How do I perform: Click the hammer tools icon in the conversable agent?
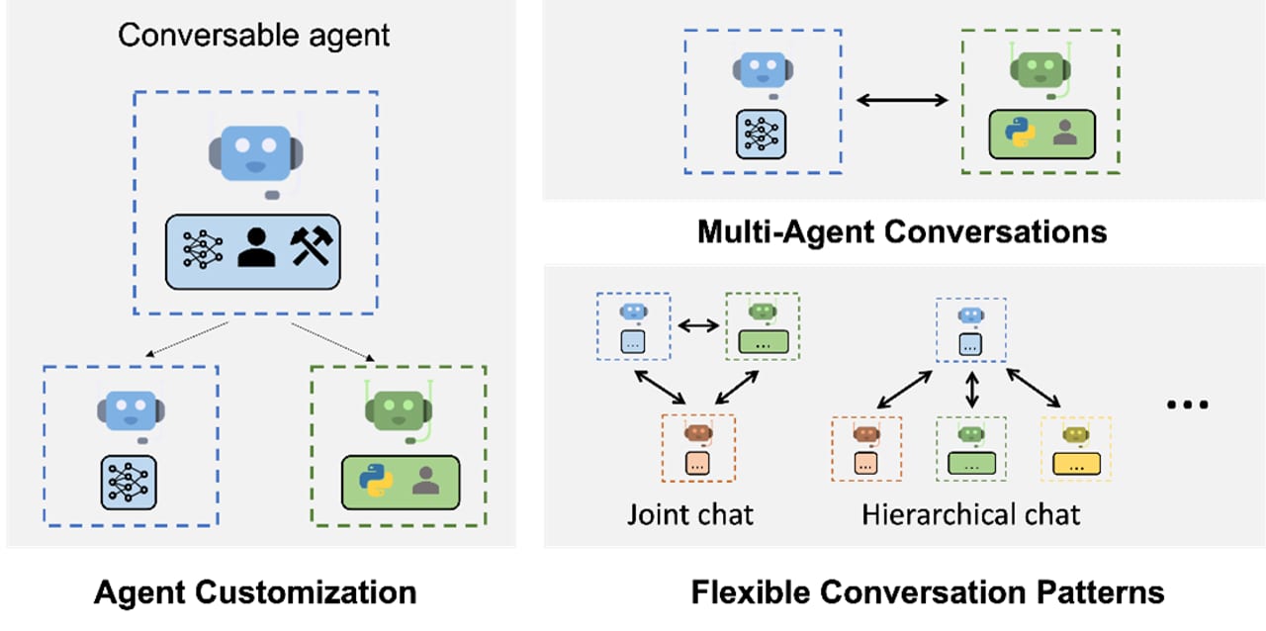[x=312, y=245]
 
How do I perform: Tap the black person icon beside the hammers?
[x=256, y=247]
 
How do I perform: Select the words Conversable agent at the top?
[x=254, y=36]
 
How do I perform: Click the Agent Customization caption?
[x=255, y=592]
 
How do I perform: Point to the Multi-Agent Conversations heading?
[x=902, y=231]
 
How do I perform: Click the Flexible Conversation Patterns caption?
[x=928, y=592]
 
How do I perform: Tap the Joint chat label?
[x=690, y=514]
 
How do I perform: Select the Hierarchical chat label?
[x=970, y=514]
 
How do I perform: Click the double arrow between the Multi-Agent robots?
[x=902, y=100]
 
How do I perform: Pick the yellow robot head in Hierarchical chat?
[x=1075, y=435]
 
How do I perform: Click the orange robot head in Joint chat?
[x=698, y=433]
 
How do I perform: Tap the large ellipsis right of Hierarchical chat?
[x=1188, y=405]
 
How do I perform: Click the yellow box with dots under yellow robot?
[x=1076, y=464]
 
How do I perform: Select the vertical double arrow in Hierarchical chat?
[x=971, y=389]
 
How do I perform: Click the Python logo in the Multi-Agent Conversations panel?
[x=1020, y=132]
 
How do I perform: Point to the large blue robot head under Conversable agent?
[x=256, y=153]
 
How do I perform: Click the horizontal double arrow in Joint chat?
[x=698, y=325]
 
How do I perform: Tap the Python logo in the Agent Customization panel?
[x=376, y=481]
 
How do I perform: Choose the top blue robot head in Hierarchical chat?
[x=971, y=315]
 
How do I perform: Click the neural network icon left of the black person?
[x=203, y=248]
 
